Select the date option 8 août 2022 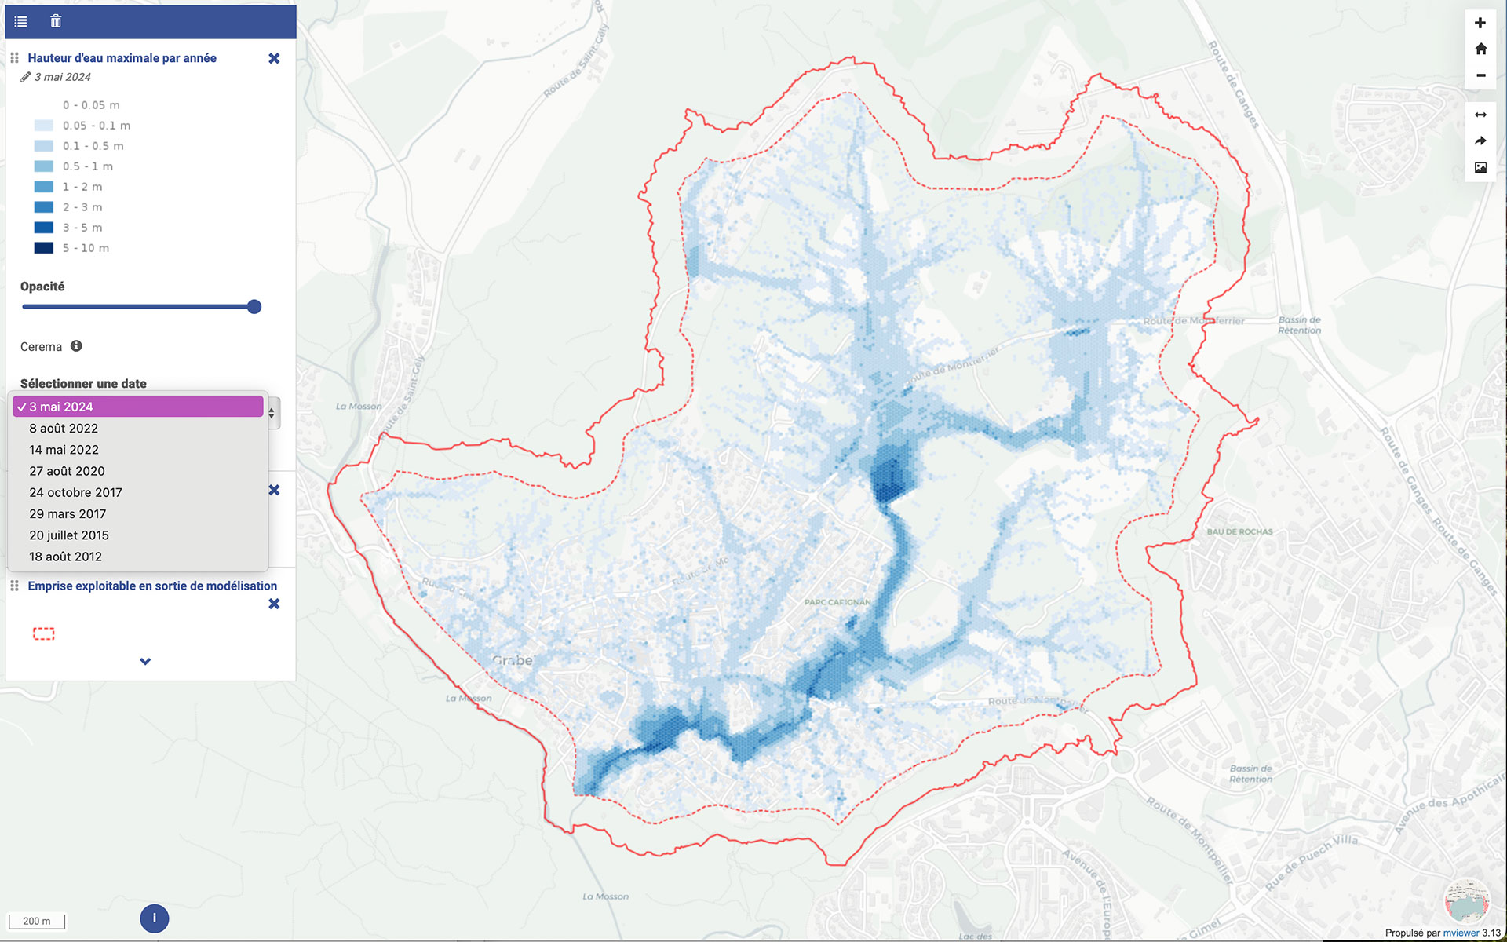click(64, 428)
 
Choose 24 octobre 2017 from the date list click(75, 492)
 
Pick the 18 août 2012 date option click(65, 557)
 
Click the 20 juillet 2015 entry click(69, 535)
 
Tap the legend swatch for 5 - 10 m click(44, 248)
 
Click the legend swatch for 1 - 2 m click(44, 187)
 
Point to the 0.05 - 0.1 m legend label click(97, 126)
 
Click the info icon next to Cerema click(76, 346)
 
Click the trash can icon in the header click(56, 21)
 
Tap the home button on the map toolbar click(1480, 49)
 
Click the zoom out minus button click(1480, 75)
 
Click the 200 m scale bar click(36, 921)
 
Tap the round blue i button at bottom click(154, 918)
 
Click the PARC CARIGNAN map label click(837, 602)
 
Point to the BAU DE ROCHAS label click(1239, 531)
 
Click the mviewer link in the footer click(1460, 933)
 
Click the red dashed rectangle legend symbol click(44, 633)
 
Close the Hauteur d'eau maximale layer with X click(274, 58)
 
